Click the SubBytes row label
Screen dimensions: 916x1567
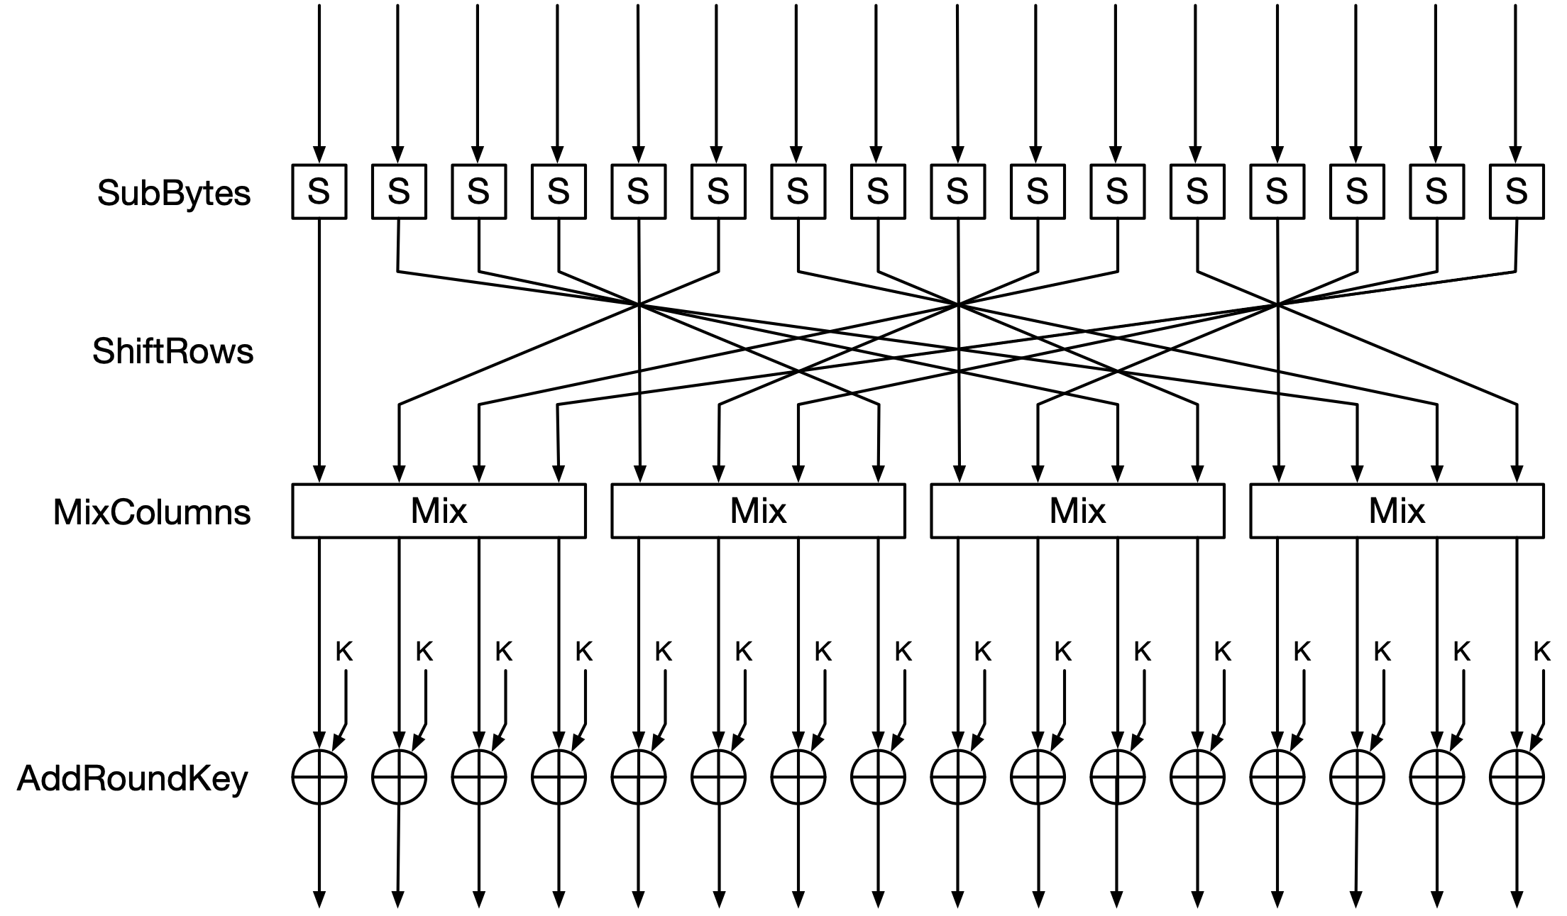pyautogui.click(x=174, y=193)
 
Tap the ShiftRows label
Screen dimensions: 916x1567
pyautogui.click(x=172, y=351)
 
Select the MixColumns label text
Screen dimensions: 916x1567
pyautogui.click(x=152, y=512)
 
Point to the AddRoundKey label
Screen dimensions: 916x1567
pyautogui.click(x=133, y=778)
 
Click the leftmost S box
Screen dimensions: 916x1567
pyautogui.click(x=319, y=192)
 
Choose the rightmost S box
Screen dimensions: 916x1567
pyautogui.click(x=1517, y=192)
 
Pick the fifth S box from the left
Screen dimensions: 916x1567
pyautogui.click(x=638, y=192)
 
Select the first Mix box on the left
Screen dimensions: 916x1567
pyautogui.click(x=439, y=511)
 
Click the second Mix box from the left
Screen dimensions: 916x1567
pyautogui.click(x=758, y=511)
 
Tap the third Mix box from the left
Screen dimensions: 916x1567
pyautogui.click(x=1077, y=511)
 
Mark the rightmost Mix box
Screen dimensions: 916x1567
pyautogui.click(x=1397, y=511)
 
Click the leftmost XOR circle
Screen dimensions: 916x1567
pyautogui.click(x=319, y=777)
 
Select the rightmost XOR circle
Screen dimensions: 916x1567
pyautogui.click(x=1517, y=777)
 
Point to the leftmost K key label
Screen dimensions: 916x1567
pyautogui.click(x=344, y=651)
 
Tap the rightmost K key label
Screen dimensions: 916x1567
pyautogui.click(x=1542, y=651)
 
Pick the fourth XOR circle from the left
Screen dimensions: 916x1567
pyautogui.click(x=559, y=777)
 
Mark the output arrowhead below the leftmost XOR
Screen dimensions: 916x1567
pyautogui.click(x=319, y=900)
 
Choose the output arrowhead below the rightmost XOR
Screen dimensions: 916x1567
pyautogui.click(x=1517, y=900)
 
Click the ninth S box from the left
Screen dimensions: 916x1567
pyautogui.click(x=957, y=192)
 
